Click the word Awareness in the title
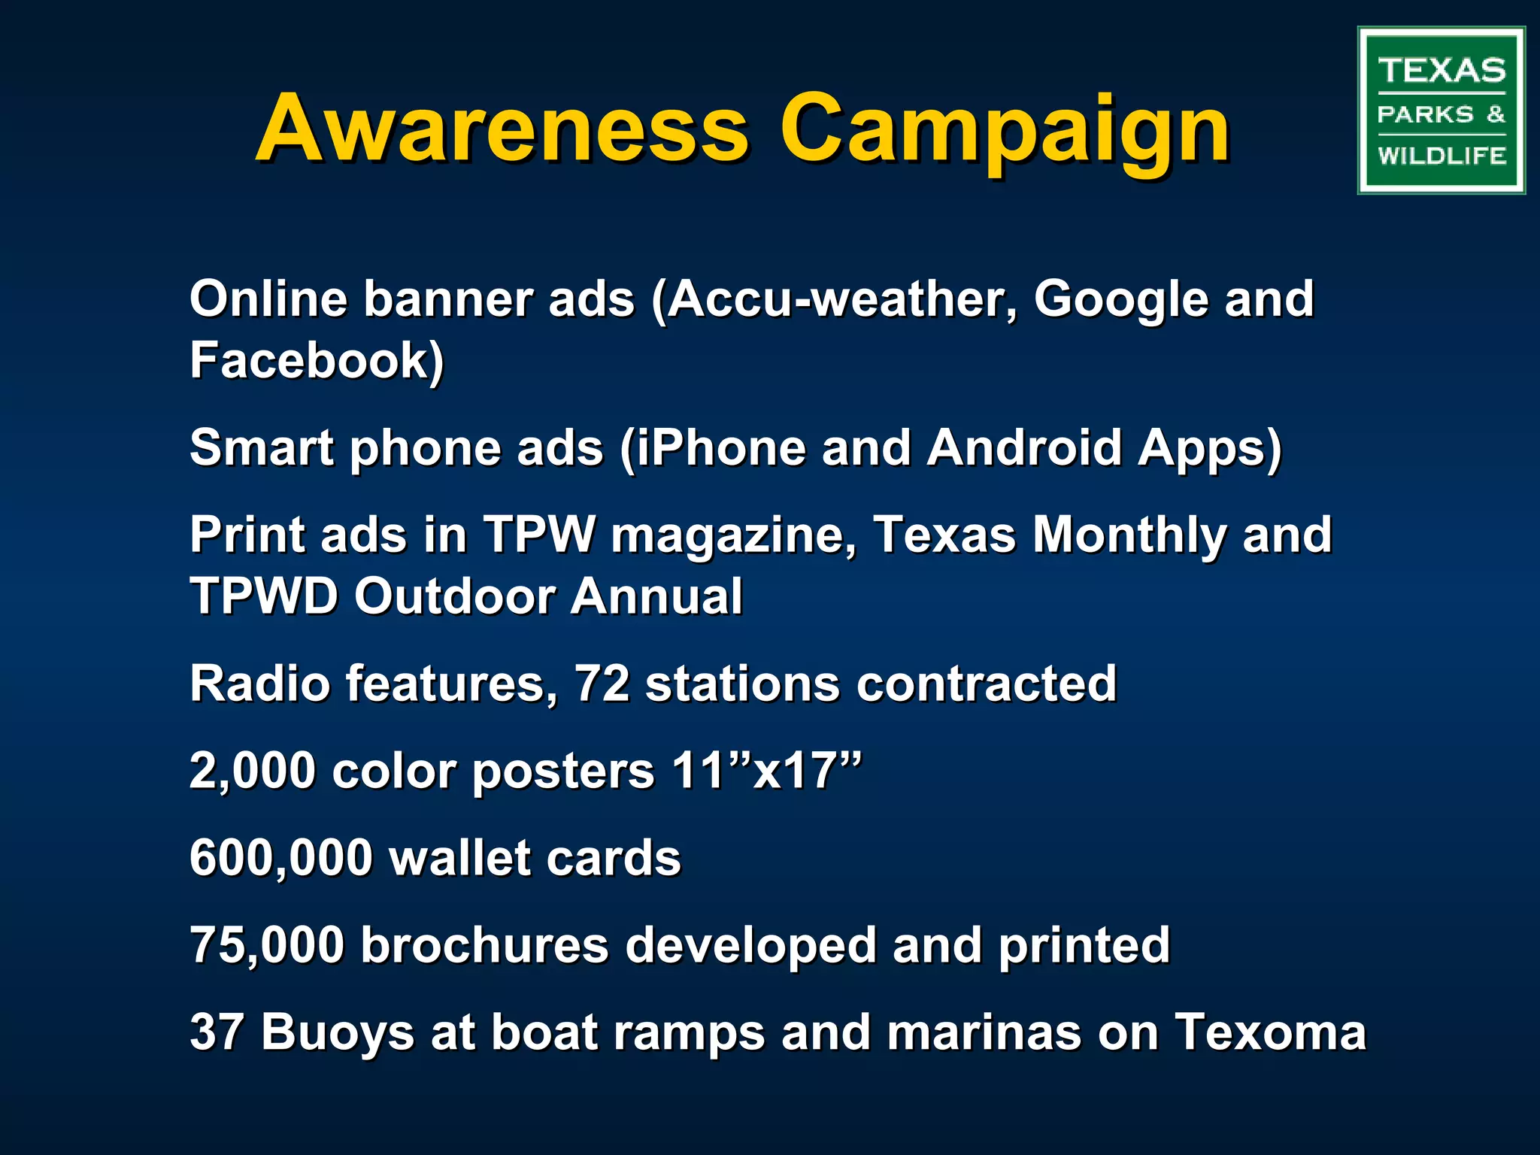502,129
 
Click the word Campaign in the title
1005,129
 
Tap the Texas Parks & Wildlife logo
1441,111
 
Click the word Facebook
316,360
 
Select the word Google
1120,300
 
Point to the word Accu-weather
835,300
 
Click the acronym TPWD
264,596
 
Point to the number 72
602,684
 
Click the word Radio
259,684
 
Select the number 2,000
252,771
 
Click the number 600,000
280,858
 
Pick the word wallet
459,858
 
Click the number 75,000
266,945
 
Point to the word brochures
484,945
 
